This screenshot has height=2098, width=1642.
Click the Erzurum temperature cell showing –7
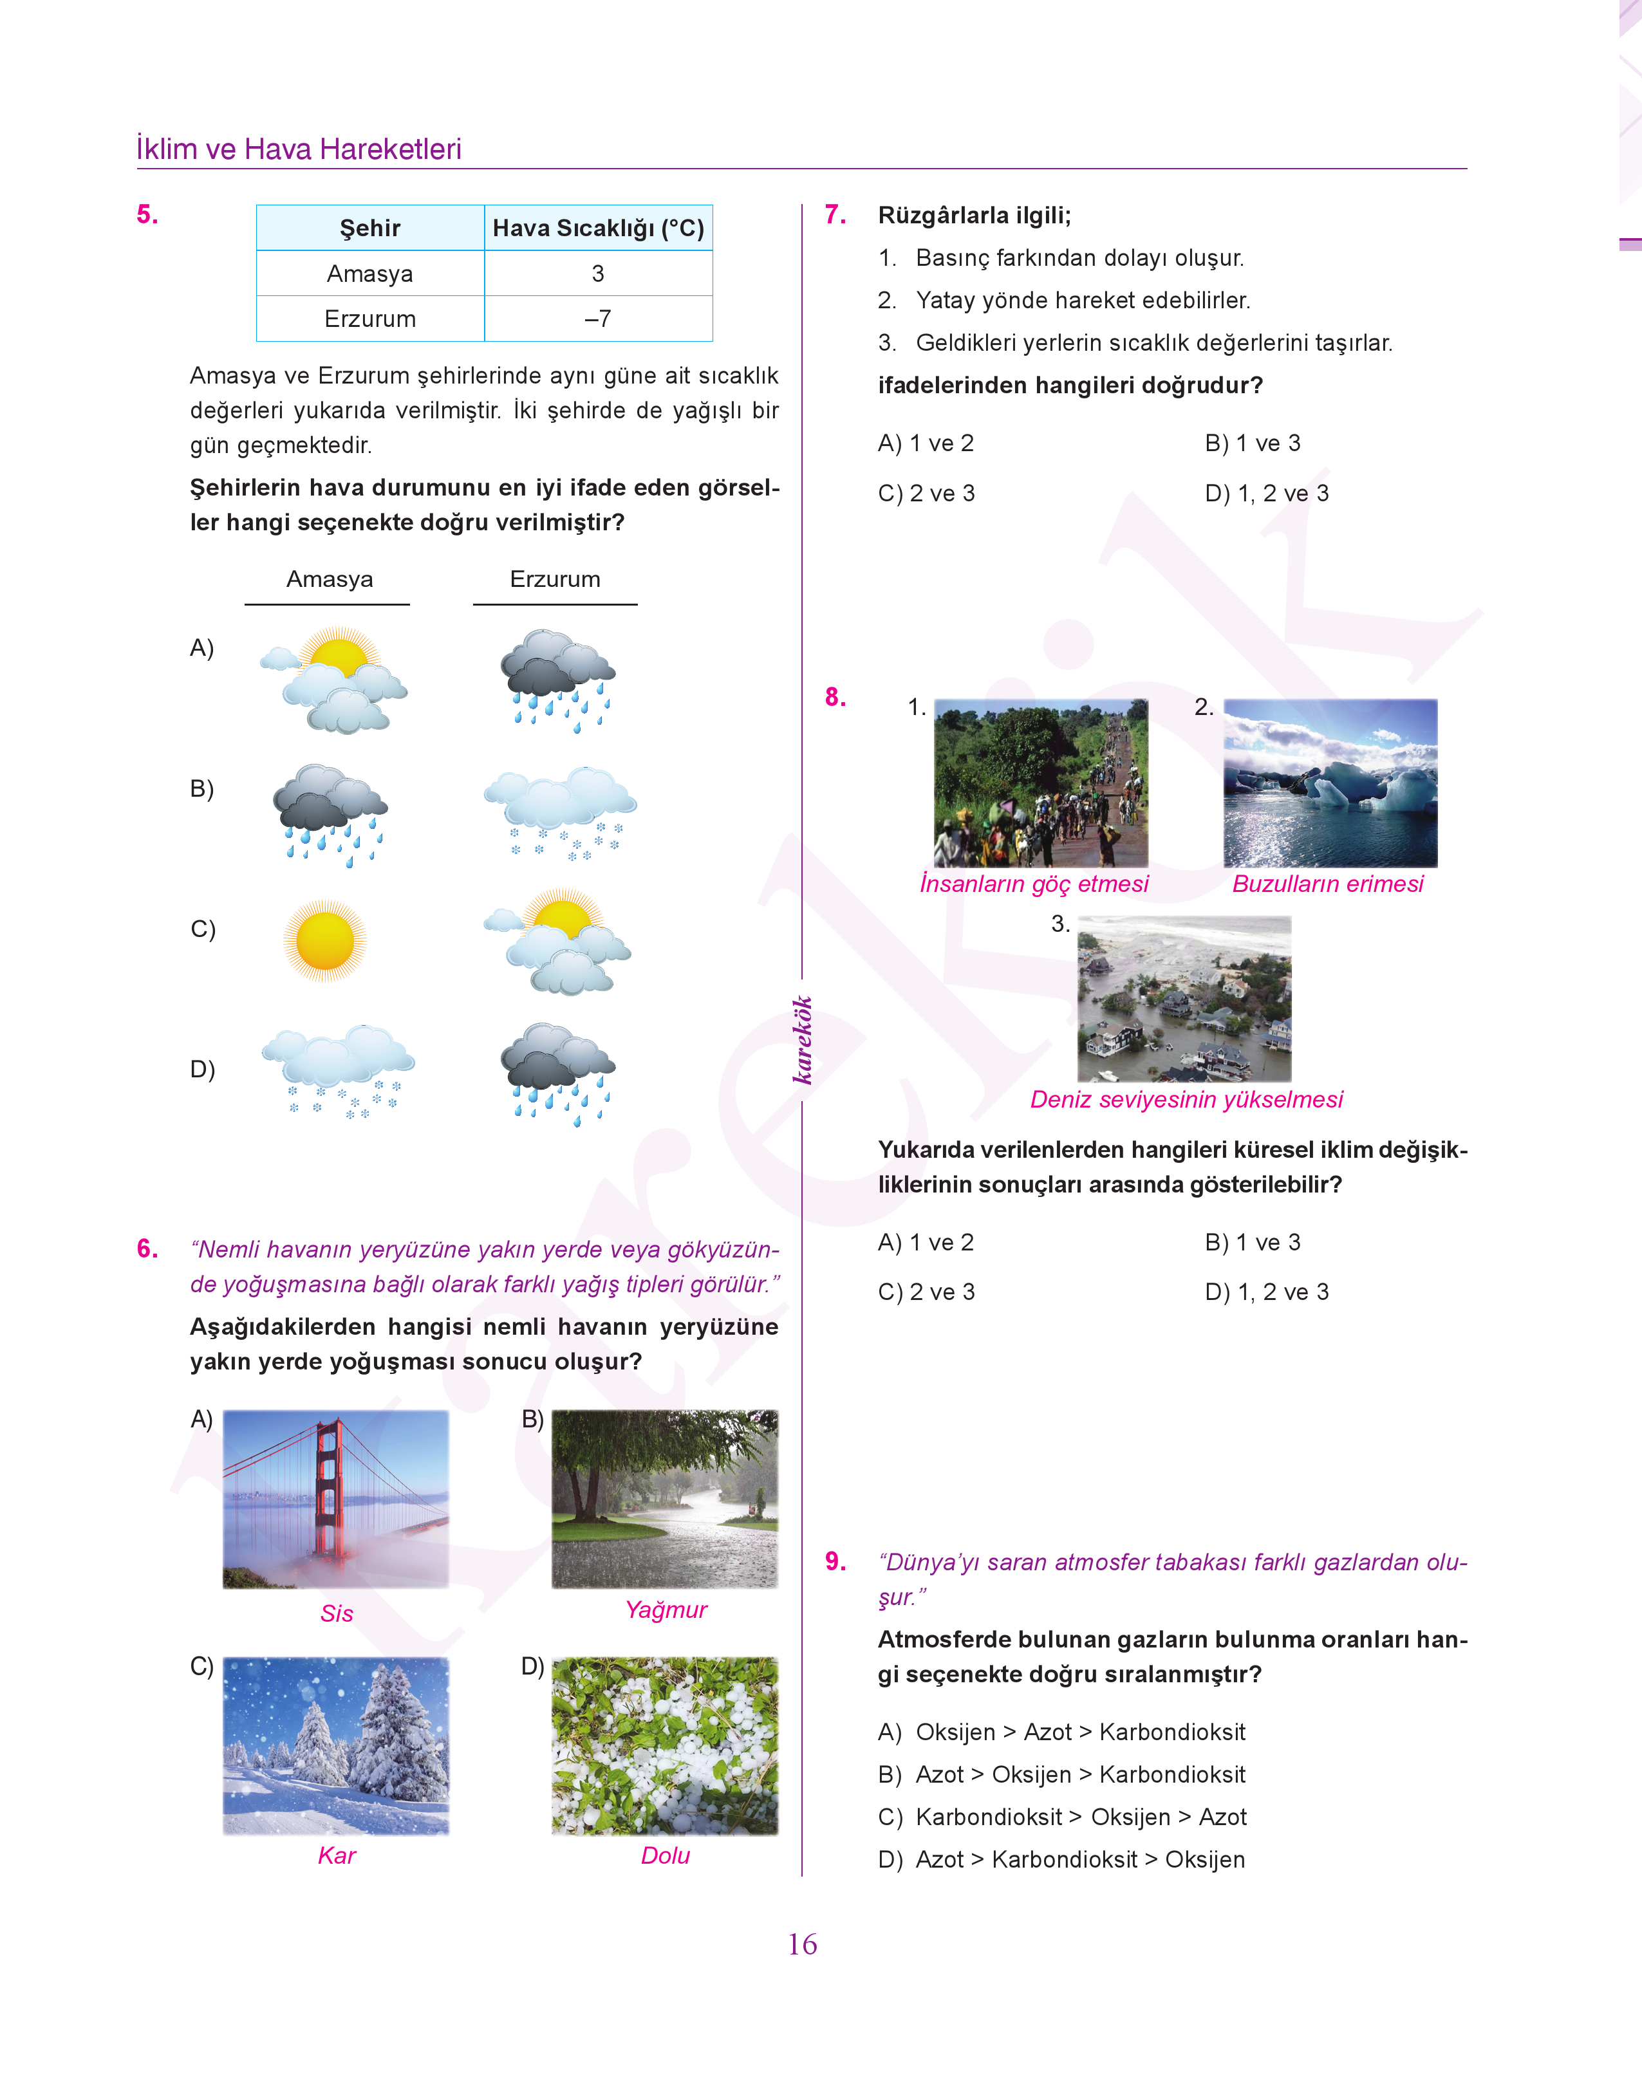tap(597, 319)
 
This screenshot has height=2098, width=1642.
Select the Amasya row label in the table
tap(370, 274)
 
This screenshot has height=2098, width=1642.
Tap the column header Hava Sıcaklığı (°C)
tap(598, 228)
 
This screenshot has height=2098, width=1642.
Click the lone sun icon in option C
tap(325, 941)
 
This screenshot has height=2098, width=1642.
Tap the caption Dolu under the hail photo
tap(666, 1856)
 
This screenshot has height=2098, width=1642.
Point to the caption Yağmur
tap(666, 1610)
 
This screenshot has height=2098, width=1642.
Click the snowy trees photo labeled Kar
tap(335, 1745)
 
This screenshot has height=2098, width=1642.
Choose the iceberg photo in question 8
tap(1330, 783)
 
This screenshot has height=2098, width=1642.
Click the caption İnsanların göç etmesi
tap(1034, 884)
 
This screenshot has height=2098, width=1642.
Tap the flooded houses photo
tap(1184, 999)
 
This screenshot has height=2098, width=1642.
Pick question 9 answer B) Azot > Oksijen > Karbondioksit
tap(1062, 1774)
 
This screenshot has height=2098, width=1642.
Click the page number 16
tap(802, 1944)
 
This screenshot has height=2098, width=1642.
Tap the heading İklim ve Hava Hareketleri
tap(299, 149)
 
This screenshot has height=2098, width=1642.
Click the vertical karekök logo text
tap(803, 1040)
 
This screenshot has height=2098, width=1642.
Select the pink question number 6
tap(147, 1249)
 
